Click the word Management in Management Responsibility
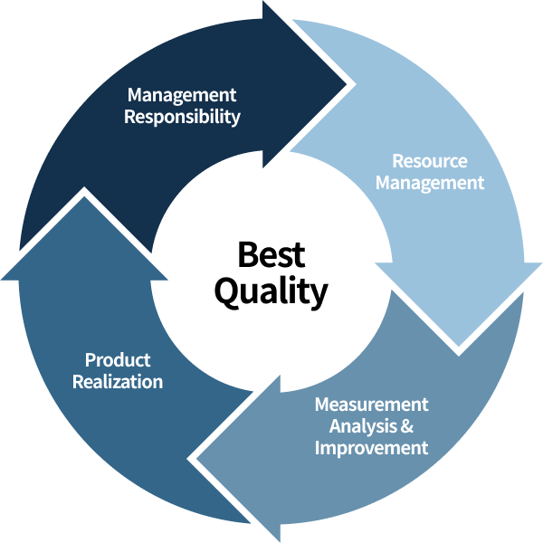click(182, 95)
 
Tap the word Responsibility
click(182, 117)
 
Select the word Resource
click(430, 161)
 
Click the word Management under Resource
click(430, 183)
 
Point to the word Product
click(118, 360)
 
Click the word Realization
click(118, 382)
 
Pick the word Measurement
click(371, 404)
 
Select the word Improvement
click(371, 448)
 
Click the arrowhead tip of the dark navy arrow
click(348, 86)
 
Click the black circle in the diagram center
click(271, 271)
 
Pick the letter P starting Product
click(90, 360)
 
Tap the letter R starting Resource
click(397, 161)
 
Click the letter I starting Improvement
click(317, 448)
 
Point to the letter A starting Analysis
click(335, 425)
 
